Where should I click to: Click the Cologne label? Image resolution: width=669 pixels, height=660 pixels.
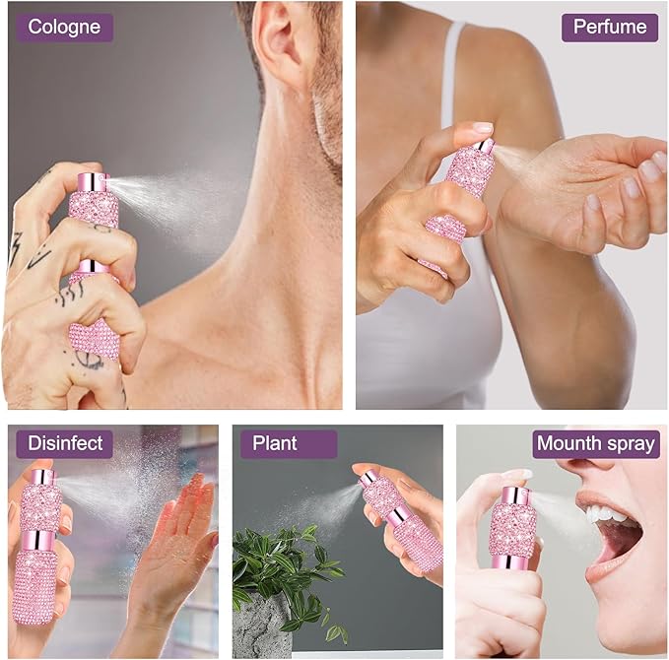tap(64, 28)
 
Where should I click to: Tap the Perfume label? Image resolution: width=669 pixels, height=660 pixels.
tap(610, 28)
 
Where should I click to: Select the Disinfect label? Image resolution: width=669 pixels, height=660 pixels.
tap(64, 443)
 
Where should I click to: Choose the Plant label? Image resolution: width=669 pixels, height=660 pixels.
tap(289, 443)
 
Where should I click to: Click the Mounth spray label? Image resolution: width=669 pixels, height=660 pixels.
tap(596, 443)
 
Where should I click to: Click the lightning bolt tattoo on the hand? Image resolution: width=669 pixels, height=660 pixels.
tap(16, 249)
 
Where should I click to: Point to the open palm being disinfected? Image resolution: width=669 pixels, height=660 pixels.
tap(175, 538)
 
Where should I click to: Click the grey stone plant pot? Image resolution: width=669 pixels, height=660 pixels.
tap(262, 624)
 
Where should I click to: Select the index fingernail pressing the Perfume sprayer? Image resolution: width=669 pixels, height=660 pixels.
tap(483, 127)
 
